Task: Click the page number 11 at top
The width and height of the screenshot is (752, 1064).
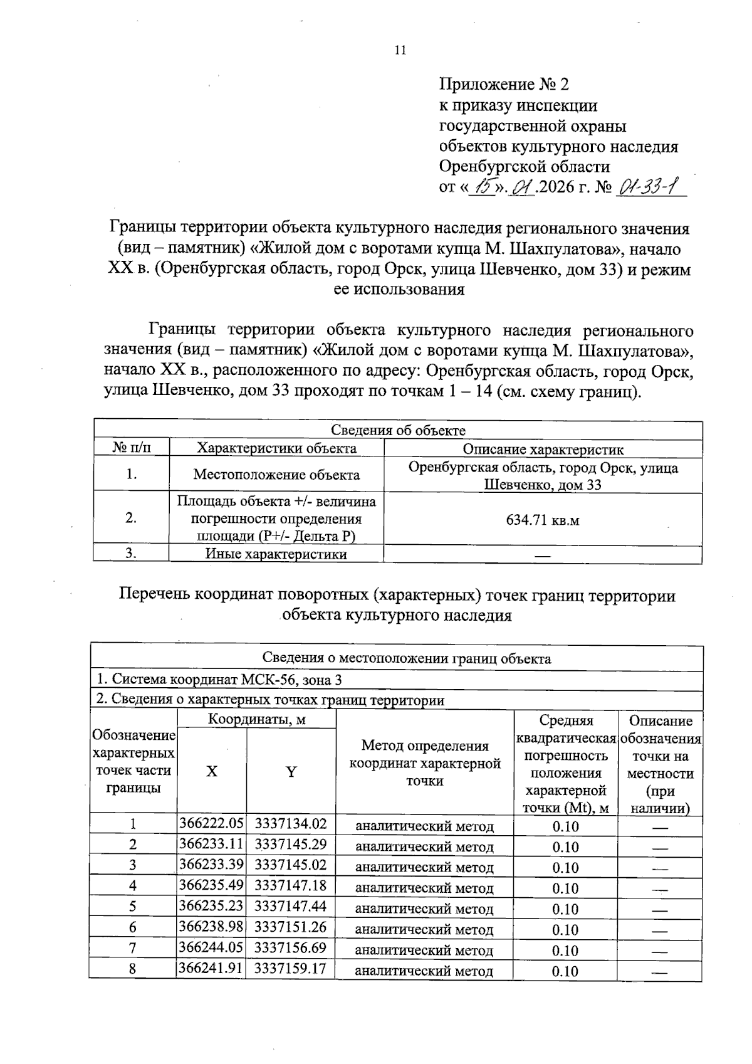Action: pyautogui.click(x=400, y=51)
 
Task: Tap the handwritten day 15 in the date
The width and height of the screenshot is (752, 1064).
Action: pyautogui.click(x=483, y=186)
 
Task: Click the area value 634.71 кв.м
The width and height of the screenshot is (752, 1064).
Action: pyautogui.click(x=542, y=520)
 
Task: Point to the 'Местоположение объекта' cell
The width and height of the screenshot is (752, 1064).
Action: pyautogui.click(x=276, y=475)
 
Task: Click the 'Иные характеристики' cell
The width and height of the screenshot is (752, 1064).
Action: pyautogui.click(x=276, y=554)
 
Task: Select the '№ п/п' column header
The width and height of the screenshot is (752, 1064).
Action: pyautogui.click(x=132, y=448)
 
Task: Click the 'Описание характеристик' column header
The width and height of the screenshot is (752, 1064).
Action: pyautogui.click(x=543, y=449)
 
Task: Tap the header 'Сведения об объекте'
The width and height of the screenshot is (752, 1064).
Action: pyautogui.click(x=398, y=430)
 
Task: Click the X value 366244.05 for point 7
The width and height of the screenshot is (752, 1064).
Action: pyautogui.click(x=211, y=948)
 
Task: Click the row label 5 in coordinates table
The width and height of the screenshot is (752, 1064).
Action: pyautogui.click(x=133, y=907)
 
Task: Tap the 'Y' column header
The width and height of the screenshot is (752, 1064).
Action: pyautogui.click(x=291, y=772)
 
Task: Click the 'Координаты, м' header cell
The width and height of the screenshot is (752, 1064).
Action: pyautogui.click(x=257, y=719)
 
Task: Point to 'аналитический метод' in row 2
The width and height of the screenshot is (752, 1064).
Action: pyautogui.click(x=424, y=847)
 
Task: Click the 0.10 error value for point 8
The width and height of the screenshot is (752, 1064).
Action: pyautogui.click(x=565, y=971)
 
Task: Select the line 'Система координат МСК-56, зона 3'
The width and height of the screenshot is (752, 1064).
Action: pyautogui.click(x=219, y=680)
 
